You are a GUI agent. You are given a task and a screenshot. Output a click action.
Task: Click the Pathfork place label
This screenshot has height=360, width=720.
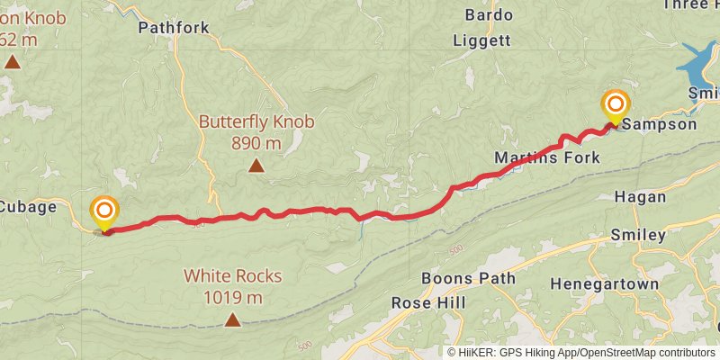coord(174,28)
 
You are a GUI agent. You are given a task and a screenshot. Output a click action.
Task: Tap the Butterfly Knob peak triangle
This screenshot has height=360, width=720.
coord(256,166)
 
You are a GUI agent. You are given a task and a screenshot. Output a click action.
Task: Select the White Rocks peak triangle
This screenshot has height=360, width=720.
coord(233,319)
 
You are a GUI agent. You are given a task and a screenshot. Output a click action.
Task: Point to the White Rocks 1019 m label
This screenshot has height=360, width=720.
coord(233,287)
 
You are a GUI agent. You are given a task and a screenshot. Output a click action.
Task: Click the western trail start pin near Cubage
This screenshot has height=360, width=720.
coord(104,213)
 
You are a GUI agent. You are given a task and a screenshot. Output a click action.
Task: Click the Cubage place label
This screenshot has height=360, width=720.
coord(27,206)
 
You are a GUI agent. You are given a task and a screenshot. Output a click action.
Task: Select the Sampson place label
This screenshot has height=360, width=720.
coord(660,125)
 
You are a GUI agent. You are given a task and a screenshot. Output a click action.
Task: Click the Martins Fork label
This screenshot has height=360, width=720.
coord(547,158)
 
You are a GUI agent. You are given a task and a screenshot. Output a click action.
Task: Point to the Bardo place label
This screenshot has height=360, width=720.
coord(490,15)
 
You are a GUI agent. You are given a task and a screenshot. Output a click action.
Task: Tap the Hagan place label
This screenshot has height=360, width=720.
coord(640,197)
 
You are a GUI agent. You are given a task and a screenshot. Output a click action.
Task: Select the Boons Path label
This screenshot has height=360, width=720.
coord(468,279)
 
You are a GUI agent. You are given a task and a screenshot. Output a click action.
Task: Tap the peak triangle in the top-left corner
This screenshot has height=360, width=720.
coord(13,62)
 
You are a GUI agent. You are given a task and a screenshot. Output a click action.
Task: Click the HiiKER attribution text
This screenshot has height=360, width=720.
coord(581,352)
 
